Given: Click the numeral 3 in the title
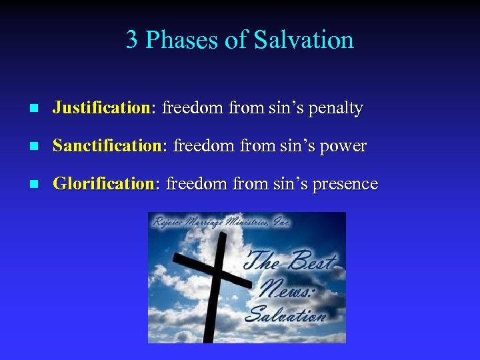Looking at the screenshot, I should tap(132, 40).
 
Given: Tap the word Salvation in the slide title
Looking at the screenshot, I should tap(303, 40).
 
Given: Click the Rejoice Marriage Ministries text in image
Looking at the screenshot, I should tap(220, 223).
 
